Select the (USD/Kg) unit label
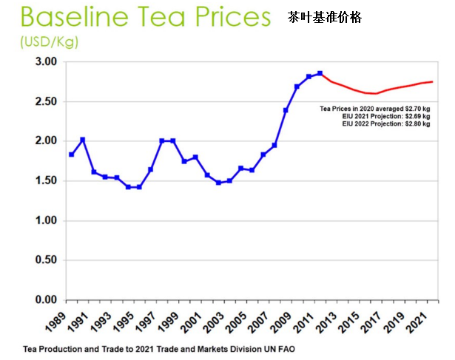coord(49,43)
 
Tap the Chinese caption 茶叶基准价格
coord(326,16)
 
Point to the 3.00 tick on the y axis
coord(46,61)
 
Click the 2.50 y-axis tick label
coord(46,101)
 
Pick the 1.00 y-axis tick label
coord(46,221)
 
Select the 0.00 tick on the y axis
coord(46,300)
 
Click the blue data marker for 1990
coord(82,140)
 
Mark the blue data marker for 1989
coord(71,154)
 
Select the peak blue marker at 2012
coord(320,73)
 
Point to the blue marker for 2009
coord(286,110)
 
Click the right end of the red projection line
coord(431,81)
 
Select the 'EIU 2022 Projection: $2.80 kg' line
coord(385,123)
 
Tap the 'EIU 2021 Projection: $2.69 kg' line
coord(385,116)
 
